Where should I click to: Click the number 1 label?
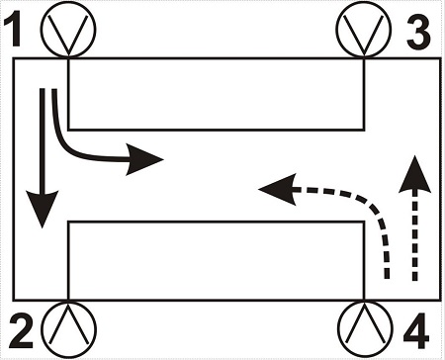coord(13,28)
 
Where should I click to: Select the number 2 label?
coord(21,330)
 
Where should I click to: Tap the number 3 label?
coord(418,33)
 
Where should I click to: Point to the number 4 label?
coord(416,330)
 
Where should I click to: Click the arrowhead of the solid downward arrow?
coord(43,208)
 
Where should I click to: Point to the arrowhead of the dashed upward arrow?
coord(414,175)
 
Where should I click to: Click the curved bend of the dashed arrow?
coord(374,206)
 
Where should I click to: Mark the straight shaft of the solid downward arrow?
coord(43,140)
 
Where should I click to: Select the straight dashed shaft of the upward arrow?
coord(414,234)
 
